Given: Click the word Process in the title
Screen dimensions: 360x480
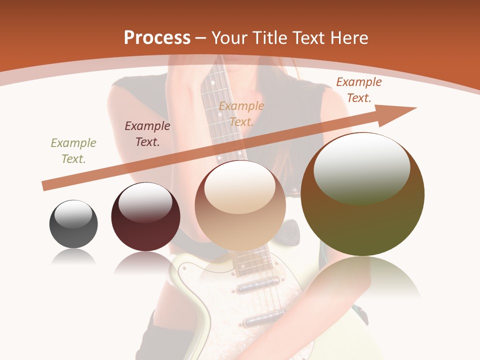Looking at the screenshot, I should coord(157,38).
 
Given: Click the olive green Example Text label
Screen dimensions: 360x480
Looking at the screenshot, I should coord(73,151).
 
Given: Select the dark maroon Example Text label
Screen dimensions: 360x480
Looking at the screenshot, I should coord(147,134).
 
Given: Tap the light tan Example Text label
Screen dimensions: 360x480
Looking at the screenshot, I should coord(241,113).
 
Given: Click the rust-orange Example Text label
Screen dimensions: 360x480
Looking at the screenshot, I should coord(359,90).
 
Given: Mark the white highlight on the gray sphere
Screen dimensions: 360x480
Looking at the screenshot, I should coord(73,214).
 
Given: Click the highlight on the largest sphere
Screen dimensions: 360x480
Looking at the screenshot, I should coord(361,167).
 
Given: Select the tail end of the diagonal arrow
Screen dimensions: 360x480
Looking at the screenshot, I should coord(46,186).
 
